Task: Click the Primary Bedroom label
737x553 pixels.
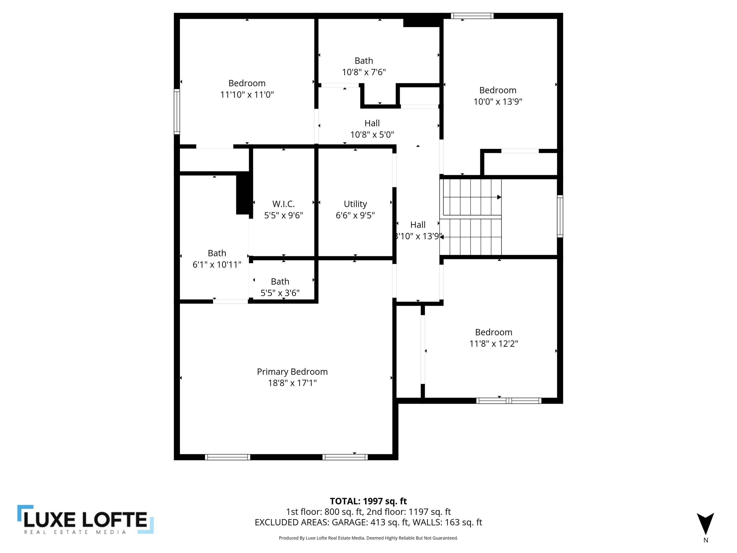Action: [292, 371]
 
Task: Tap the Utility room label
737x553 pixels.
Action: [355, 204]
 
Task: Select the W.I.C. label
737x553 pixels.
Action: [283, 204]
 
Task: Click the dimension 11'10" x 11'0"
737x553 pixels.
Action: [247, 94]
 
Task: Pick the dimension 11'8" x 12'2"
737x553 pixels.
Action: [494, 343]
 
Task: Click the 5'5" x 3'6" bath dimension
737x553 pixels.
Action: [280, 293]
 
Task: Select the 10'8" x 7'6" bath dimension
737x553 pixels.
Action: [364, 72]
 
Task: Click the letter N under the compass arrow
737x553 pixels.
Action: [706, 540]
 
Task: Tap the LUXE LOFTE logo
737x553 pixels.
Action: [86, 520]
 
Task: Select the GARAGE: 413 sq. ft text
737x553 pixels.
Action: [370, 522]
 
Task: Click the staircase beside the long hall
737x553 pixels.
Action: [470, 217]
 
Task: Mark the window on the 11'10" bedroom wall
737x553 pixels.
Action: [177, 111]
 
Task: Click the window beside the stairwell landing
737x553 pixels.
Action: [560, 216]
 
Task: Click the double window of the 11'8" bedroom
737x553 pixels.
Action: [509, 401]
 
